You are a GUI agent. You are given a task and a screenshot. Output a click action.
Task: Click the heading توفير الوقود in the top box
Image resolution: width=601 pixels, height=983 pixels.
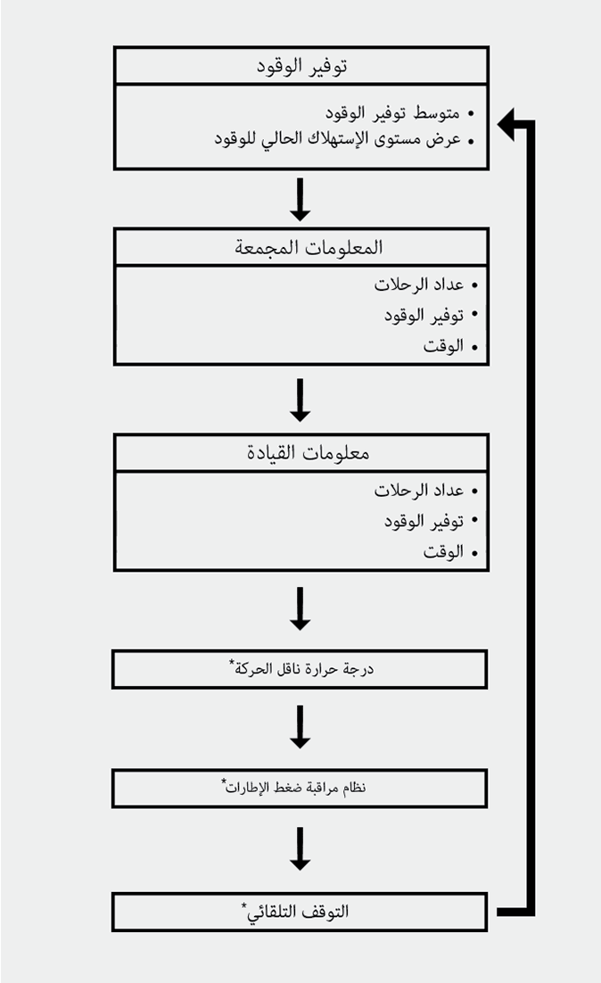coord(301,66)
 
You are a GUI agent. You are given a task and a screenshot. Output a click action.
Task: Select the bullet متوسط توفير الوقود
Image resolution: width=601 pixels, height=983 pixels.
coord(392,113)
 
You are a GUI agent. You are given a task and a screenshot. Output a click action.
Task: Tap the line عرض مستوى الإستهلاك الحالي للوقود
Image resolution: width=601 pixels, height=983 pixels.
coord(338,139)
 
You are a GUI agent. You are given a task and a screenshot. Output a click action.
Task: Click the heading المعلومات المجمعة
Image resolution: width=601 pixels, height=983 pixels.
coord(301,247)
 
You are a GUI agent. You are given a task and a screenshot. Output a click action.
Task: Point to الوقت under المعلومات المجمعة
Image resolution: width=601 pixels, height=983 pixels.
coord(444,346)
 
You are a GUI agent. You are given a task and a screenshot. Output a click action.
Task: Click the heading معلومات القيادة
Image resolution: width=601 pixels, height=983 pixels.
coord(301,452)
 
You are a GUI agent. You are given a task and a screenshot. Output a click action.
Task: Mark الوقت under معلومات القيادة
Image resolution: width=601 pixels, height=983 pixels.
coord(444,552)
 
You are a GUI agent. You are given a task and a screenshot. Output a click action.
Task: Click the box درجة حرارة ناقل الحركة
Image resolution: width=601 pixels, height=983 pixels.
coord(300,669)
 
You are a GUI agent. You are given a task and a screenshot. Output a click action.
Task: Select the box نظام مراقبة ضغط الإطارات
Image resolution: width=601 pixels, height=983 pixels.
coord(300,789)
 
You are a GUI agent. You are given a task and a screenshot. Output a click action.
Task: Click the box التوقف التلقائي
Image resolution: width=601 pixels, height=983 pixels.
coord(300,912)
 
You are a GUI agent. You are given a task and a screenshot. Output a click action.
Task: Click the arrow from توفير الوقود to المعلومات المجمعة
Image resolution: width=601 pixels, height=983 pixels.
coord(300,199)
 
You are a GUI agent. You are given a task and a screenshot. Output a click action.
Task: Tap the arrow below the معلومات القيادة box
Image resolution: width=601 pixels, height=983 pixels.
coord(300,608)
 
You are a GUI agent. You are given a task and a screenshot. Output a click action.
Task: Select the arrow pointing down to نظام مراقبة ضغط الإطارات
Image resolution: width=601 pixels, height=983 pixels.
coord(300,727)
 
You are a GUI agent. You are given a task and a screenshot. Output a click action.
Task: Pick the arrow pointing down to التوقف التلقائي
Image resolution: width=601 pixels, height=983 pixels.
coord(300,848)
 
